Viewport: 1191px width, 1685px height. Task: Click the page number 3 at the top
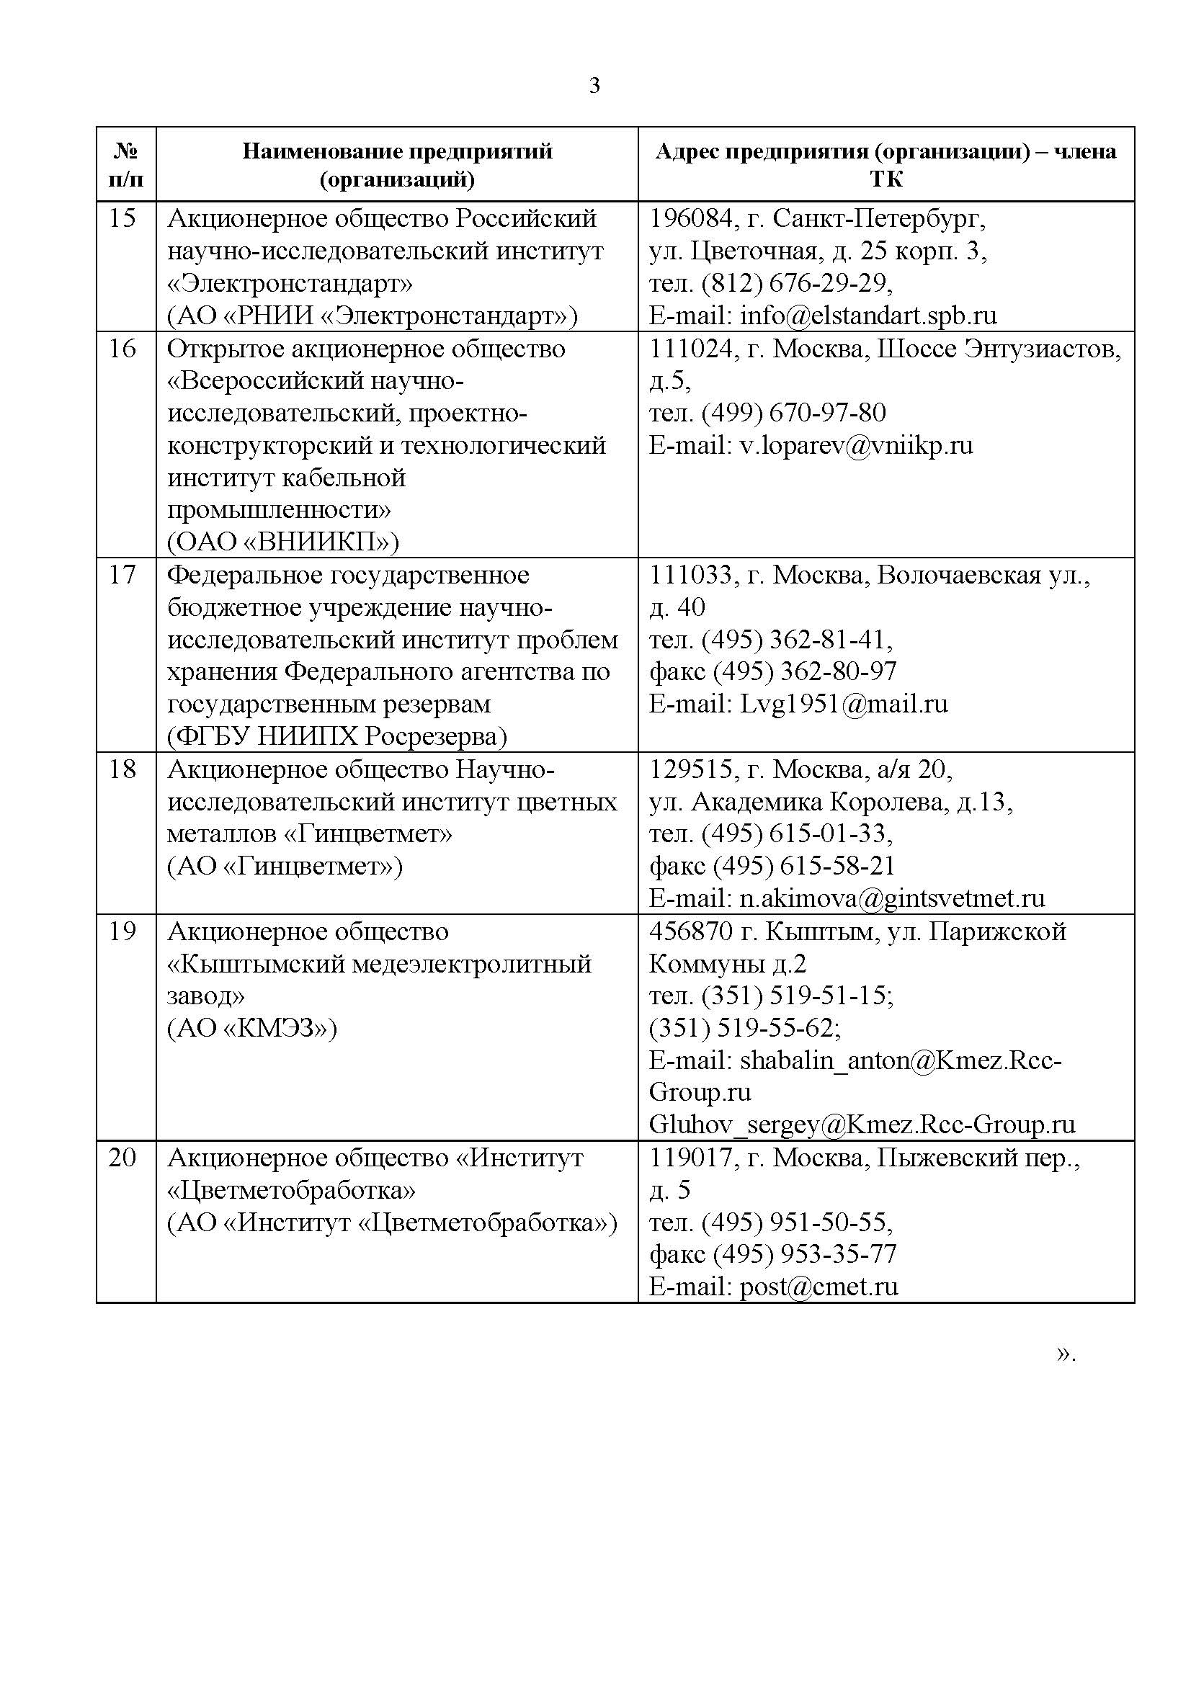594,86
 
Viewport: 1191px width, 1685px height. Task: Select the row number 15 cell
122,219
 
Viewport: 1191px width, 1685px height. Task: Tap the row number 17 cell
122,575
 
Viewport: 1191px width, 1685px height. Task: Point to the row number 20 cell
122,1158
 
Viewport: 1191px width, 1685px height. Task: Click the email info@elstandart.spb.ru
868,316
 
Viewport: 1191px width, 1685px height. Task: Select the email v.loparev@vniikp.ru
856,445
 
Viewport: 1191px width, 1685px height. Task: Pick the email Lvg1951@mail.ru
843,704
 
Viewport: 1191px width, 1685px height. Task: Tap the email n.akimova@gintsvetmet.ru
891,898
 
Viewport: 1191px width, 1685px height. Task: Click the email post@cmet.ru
818,1287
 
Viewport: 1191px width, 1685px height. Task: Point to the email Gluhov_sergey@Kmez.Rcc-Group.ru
862,1125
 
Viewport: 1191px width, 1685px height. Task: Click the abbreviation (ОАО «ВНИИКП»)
283,542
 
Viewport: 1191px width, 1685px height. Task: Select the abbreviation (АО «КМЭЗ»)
252,1028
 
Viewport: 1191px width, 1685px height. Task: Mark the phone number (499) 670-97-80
793,414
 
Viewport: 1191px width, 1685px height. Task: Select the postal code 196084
690,219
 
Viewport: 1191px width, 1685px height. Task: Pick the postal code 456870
690,931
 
